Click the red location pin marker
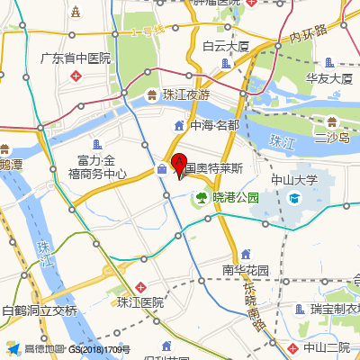click(179, 166)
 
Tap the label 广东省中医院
click(75, 58)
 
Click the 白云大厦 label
click(225, 47)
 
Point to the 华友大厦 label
click(328, 78)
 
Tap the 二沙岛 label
click(331, 138)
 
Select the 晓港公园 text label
click(235, 196)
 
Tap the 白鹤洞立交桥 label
click(40, 310)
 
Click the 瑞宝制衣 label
click(335, 310)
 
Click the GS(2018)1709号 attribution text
click(100, 349)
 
